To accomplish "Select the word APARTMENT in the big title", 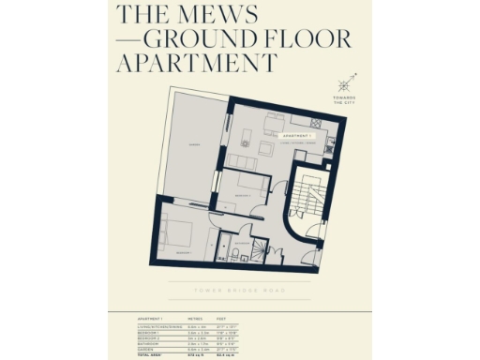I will point(197,64).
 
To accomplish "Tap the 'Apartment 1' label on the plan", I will point(298,136).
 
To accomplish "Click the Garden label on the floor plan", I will point(194,146).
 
